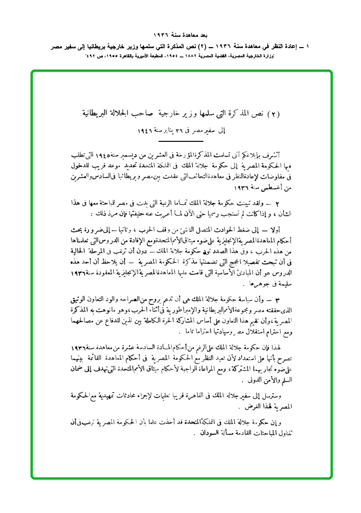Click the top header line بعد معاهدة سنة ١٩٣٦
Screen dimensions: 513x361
[x=180, y=36]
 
